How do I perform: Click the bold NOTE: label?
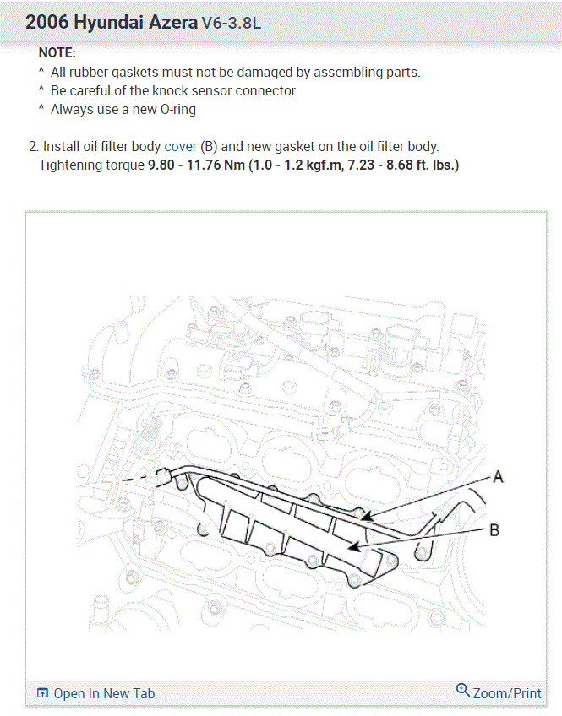click(57, 53)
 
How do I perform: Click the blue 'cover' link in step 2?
click(180, 146)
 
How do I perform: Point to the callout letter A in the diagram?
click(498, 477)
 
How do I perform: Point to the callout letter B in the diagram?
click(494, 530)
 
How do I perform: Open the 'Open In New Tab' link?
click(104, 693)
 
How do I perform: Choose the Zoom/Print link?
click(507, 693)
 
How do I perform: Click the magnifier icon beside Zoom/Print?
click(462, 691)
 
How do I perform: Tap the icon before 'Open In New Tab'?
click(42, 693)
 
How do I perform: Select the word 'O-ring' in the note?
click(177, 109)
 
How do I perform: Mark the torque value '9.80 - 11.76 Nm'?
click(196, 165)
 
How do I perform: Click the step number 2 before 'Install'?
click(33, 146)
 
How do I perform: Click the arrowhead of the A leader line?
click(364, 514)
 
